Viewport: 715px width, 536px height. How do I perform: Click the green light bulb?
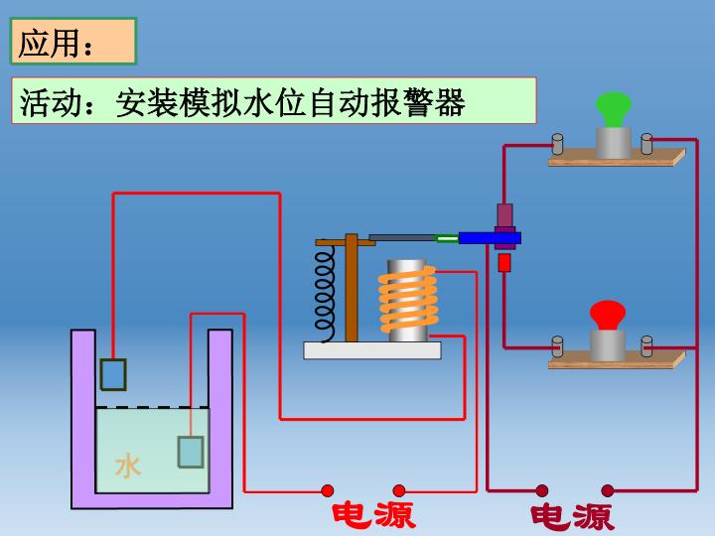[x=614, y=108]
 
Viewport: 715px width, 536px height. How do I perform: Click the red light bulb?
[x=607, y=315]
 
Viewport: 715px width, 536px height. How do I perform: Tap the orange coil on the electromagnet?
[x=407, y=301]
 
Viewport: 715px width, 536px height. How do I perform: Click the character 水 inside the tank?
[x=128, y=466]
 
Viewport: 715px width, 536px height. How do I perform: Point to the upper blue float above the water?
[x=113, y=374]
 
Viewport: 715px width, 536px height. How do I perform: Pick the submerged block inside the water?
[x=190, y=452]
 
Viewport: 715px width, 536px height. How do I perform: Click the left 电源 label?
[x=372, y=514]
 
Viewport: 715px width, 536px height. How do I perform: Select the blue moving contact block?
[x=489, y=237]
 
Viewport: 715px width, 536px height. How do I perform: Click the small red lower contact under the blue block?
[x=504, y=262]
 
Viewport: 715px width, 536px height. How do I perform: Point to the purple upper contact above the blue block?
[x=504, y=214]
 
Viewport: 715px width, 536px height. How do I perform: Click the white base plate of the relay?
[x=371, y=349]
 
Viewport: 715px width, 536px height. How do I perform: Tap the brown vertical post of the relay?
[x=351, y=288]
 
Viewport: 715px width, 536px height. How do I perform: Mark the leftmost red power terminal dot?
[x=328, y=490]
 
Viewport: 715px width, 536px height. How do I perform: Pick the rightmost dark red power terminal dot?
[x=608, y=490]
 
